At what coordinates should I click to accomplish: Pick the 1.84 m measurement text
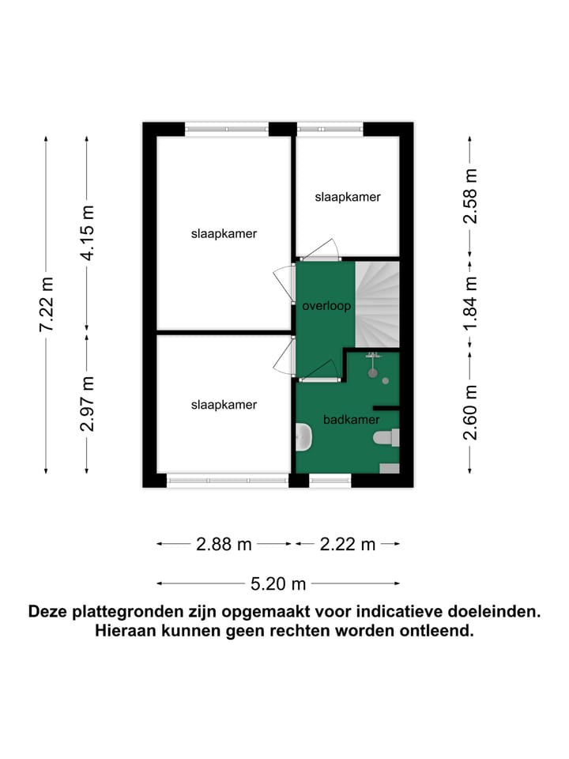pyautogui.click(x=471, y=304)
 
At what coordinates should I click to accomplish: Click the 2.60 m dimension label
pyautogui.click(x=471, y=412)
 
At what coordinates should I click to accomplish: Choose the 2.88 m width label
pyautogui.click(x=224, y=544)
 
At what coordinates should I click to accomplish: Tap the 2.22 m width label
pyautogui.click(x=348, y=544)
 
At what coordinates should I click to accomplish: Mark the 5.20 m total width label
pyautogui.click(x=278, y=584)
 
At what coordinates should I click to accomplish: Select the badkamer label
pyautogui.click(x=352, y=419)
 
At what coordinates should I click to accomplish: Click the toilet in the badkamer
pyautogui.click(x=387, y=438)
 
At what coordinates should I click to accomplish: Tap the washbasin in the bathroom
pyautogui.click(x=304, y=437)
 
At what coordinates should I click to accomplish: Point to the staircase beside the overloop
pyautogui.click(x=378, y=304)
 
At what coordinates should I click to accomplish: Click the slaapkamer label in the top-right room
pyautogui.click(x=348, y=197)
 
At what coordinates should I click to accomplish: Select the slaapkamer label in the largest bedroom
pyautogui.click(x=224, y=234)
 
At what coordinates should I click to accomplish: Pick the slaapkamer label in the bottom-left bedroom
pyautogui.click(x=224, y=405)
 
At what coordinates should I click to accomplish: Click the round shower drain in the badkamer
pyautogui.click(x=386, y=381)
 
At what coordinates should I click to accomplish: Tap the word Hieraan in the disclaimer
pyautogui.click(x=126, y=632)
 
